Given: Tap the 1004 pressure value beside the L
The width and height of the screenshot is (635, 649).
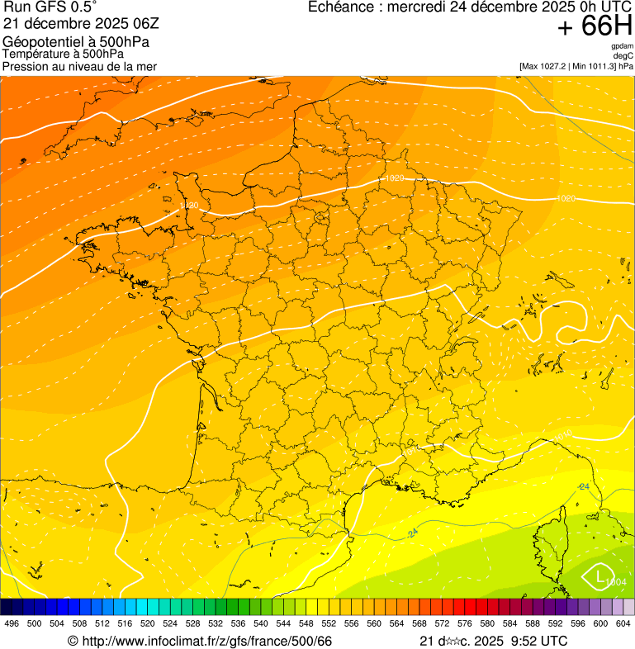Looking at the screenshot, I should [615, 583].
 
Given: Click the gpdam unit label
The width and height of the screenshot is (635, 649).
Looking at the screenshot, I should [623, 46].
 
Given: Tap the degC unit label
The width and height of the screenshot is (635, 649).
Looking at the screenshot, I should [623, 55].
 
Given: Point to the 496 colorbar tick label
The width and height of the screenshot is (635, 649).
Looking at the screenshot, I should [12, 623].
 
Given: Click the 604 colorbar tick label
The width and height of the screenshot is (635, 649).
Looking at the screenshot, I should [623, 623].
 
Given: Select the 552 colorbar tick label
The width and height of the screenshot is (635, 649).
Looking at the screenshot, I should [329, 623].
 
